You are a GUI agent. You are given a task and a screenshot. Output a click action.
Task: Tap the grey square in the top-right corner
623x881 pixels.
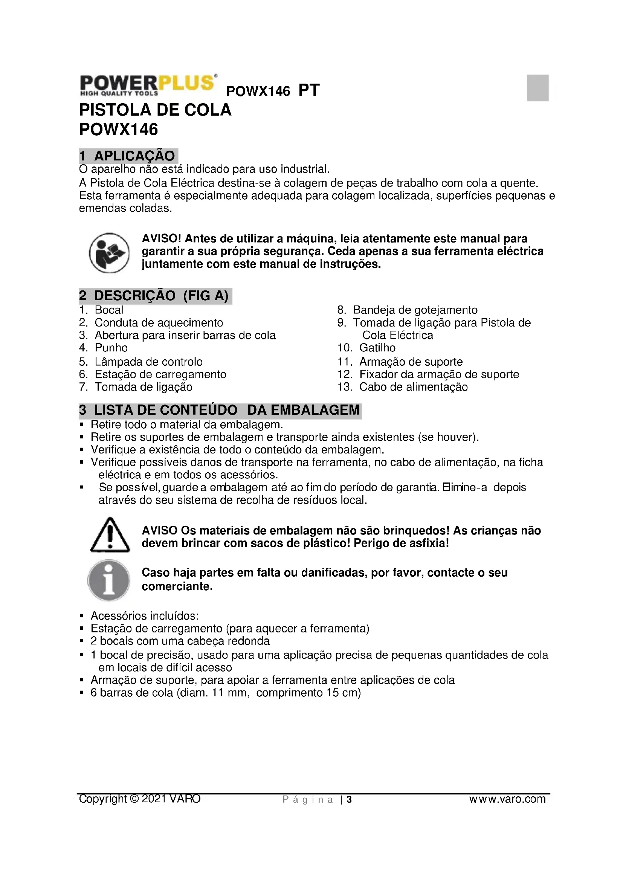coord(537,88)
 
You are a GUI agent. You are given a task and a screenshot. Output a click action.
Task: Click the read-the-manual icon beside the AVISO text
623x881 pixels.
coord(109,253)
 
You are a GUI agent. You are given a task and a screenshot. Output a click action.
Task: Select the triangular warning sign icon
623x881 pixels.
coord(110,535)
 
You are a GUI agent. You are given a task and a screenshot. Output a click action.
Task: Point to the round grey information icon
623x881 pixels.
coord(109,580)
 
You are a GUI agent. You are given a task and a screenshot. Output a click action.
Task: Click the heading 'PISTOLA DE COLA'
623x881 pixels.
coord(155,110)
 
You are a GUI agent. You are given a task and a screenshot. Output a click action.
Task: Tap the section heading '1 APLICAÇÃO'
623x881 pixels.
coord(128,156)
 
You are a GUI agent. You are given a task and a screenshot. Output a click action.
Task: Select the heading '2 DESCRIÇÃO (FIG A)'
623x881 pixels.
coord(154,296)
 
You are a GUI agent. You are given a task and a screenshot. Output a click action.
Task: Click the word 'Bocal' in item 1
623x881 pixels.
coord(109,310)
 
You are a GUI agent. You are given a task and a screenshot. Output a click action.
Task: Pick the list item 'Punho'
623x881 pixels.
coord(111,348)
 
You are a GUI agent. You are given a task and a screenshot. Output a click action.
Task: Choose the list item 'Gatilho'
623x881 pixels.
coord(377,348)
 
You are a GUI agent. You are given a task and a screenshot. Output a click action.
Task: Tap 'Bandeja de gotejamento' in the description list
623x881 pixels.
coord(415,310)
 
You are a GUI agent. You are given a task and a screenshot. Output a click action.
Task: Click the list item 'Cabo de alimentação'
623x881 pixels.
coord(413,387)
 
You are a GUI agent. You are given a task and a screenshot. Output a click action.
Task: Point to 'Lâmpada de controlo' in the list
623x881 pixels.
coord(148,362)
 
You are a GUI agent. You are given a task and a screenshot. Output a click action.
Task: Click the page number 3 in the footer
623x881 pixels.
coord(349,800)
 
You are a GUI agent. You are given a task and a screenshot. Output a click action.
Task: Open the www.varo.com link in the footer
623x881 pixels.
coord(507,799)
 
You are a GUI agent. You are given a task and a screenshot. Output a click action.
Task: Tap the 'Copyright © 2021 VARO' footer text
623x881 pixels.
coord(140,799)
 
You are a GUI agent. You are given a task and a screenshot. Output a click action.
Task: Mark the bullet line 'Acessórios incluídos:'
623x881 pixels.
coord(145,616)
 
